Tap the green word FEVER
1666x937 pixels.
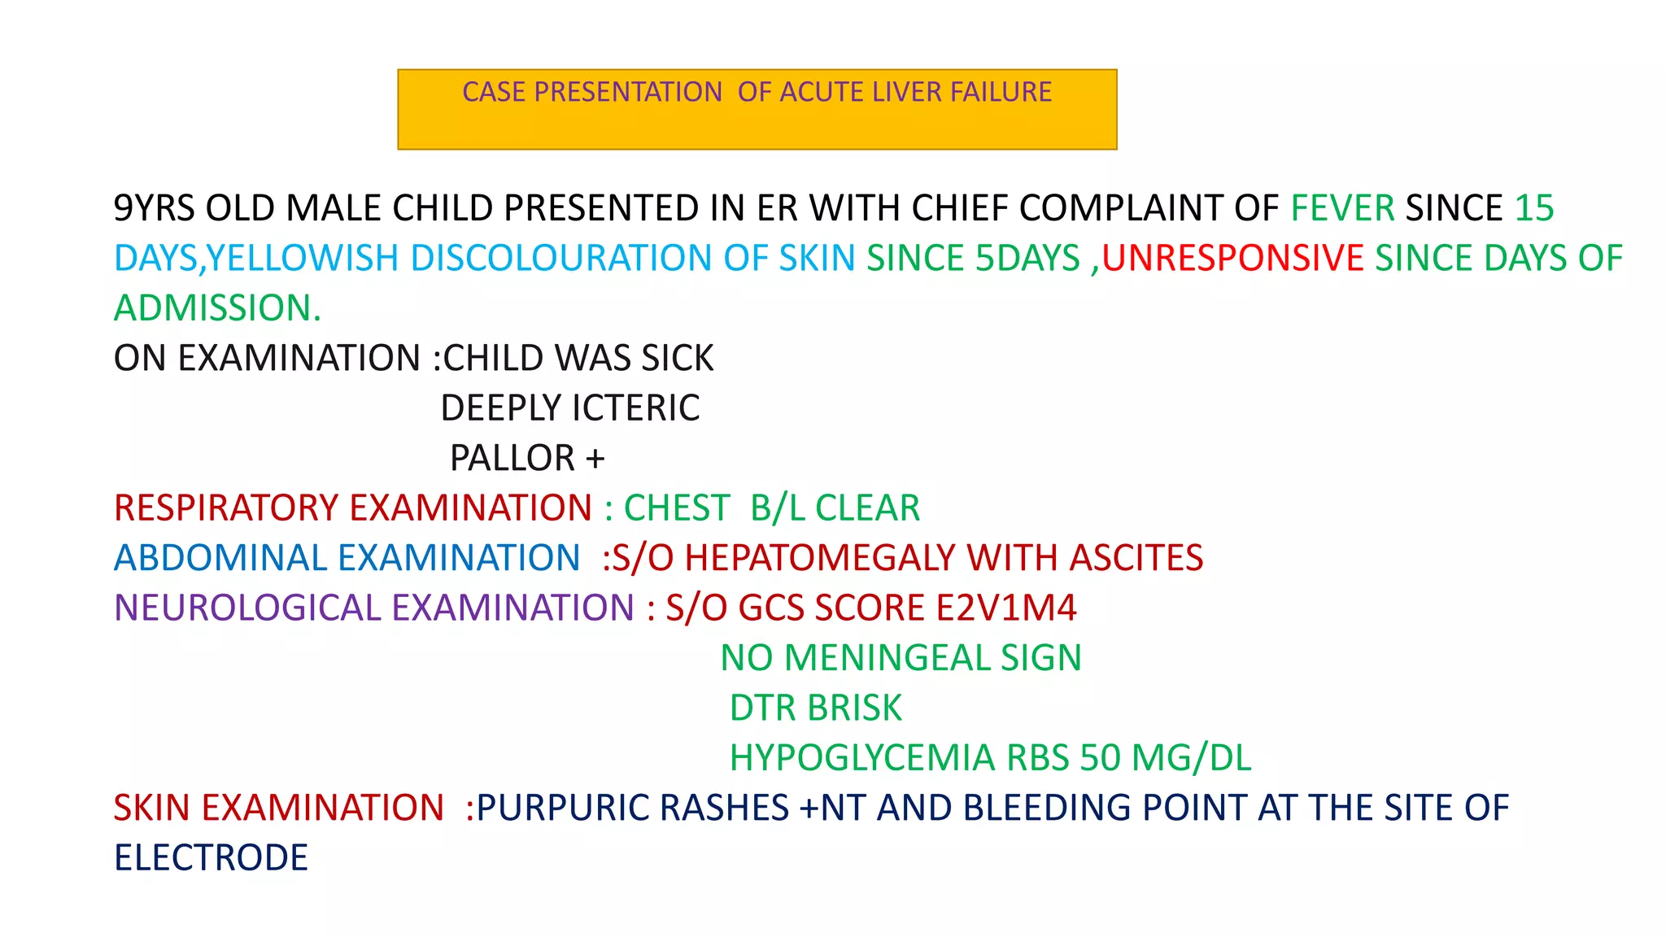tap(1342, 208)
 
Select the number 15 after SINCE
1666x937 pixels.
tap(1534, 208)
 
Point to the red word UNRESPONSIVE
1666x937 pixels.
tap(1232, 259)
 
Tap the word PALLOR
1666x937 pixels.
tap(512, 458)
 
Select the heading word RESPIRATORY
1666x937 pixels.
tap(226, 508)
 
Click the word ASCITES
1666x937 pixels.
tap(1136, 558)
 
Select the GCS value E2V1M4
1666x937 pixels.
tap(1005, 608)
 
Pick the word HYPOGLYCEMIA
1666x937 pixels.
tap(862, 758)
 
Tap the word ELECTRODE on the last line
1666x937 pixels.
tap(211, 858)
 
